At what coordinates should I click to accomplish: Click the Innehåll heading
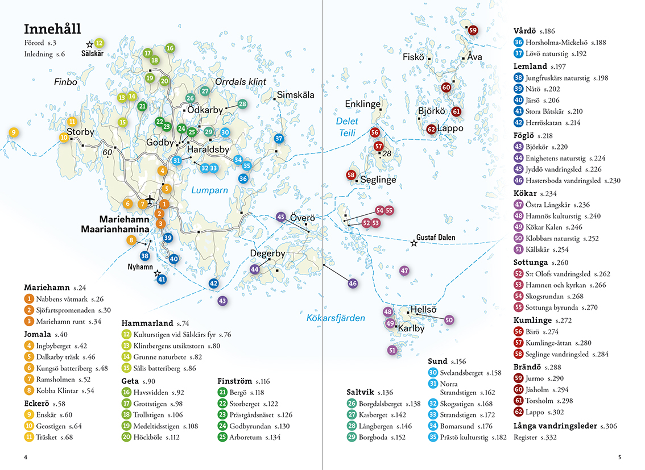[x=52, y=29]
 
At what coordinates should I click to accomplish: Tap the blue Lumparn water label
[x=209, y=190]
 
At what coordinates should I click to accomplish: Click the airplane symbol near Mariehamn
[x=150, y=199]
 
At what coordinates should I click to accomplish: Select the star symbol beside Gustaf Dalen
[x=414, y=243]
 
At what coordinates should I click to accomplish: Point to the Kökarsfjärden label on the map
[x=336, y=318]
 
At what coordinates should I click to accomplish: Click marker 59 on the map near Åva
[x=473, y=30]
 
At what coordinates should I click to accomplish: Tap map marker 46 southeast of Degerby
[x=353, y=283]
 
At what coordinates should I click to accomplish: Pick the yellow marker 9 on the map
[x=14, y=132]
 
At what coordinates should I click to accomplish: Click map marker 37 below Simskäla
[x=279, y=139]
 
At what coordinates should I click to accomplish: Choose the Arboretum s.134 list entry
[x=249, y=437]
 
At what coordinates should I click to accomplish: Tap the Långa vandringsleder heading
[x=565, y=426]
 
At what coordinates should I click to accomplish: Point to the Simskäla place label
[x=295, y=95]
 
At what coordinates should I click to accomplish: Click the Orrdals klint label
[x=241, y=82]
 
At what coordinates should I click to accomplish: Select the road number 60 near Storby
[x=108, y=152]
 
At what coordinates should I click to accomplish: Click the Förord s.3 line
[x=40, y=43]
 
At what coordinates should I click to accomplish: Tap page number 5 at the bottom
[x=619, y=457]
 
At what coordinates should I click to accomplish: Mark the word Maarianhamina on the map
[x=115, y=229]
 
